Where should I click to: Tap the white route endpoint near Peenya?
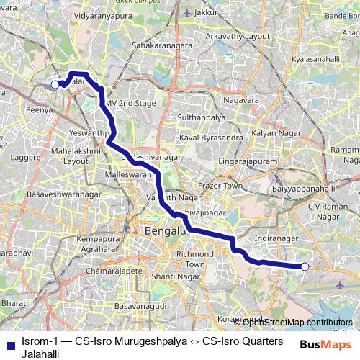click(x=55, y=85)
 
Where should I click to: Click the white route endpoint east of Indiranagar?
click(x=305, y=267)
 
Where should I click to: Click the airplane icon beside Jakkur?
click(x=189, y=12)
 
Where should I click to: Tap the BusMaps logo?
click(x=330, y=345)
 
